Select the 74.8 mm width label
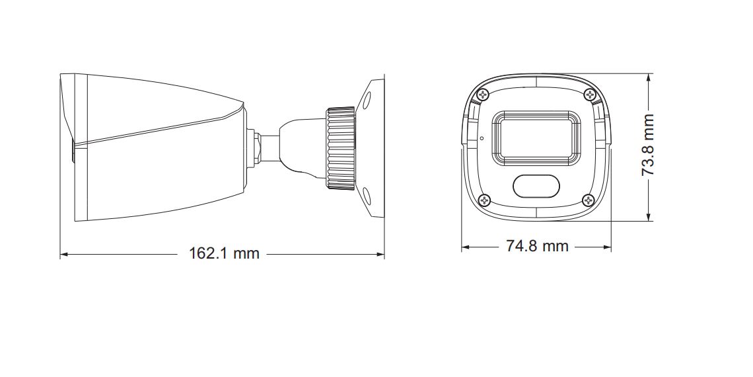[536, 246]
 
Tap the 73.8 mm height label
[648, 145]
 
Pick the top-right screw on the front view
[589, 94]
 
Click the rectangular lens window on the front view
[536, 136]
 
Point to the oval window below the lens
[536, 187]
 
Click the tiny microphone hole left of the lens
[482, 139]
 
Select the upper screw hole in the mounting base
[367, 99]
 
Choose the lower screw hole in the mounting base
[367, 195]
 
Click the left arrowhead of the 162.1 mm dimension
[63, 253]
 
